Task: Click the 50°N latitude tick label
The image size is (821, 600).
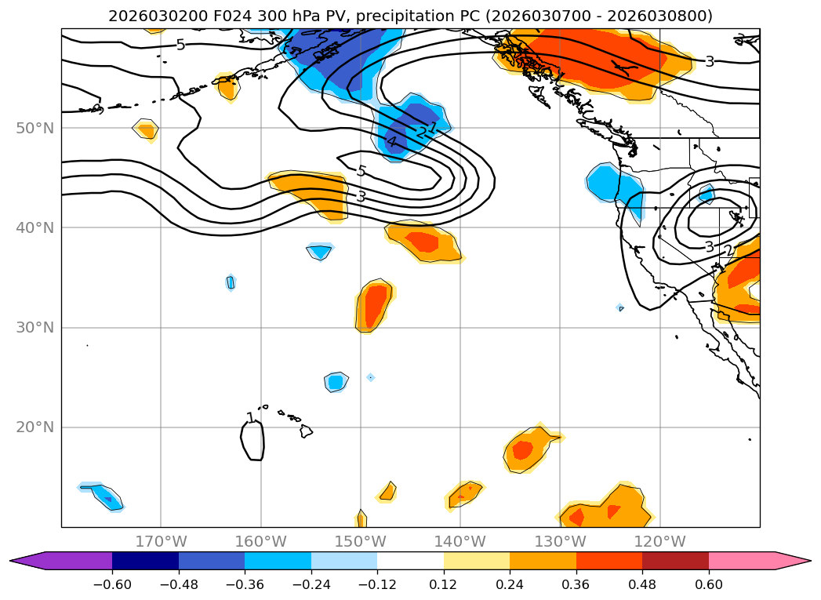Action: [35, 128]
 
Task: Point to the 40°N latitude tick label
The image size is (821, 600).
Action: [35, 227]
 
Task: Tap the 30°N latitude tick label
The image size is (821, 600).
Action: [35, 327]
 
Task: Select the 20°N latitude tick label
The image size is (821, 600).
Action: [35, 427]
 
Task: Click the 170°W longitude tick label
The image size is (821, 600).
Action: [161, 541]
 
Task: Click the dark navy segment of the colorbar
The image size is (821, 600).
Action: [145, 561]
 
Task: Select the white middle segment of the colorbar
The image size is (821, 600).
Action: [410, 561]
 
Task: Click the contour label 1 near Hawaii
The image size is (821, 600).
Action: [250, 418]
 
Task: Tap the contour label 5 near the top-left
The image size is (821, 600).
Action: [180, 45]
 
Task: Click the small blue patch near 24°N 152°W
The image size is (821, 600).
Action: [336, 382]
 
